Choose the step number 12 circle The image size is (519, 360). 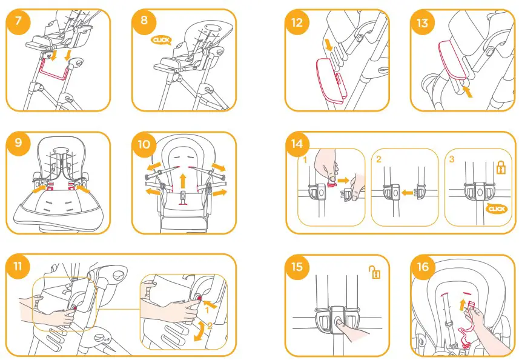point(297,22)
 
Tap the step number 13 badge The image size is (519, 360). point(422,22)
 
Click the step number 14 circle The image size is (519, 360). point(297,144)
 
